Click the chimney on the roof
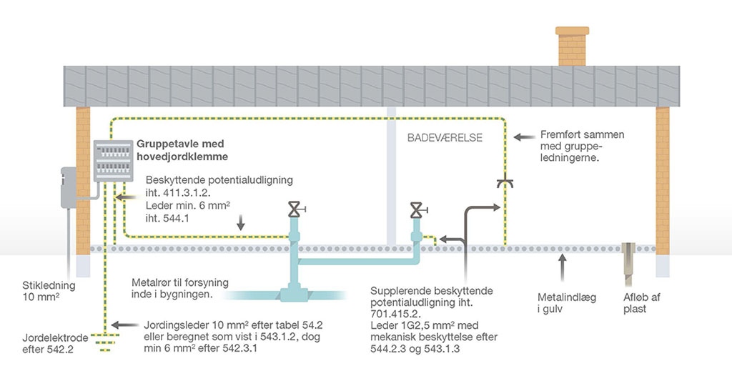(572, 46)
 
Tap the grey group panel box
(113, 161)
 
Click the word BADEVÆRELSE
(445, 138)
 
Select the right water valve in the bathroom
(417, 210)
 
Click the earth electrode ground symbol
(105, 342)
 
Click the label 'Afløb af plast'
(641, 303)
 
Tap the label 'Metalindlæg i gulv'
(567, 303)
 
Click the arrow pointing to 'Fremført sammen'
(524, 137)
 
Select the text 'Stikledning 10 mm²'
(49, 291)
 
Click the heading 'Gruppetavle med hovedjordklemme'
(182, 150)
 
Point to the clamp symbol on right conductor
(505, 182)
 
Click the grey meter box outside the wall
(69, 187)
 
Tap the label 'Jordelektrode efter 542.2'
(55, 343)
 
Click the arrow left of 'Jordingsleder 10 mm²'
(124, 325)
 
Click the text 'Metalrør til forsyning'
(180, 283)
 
